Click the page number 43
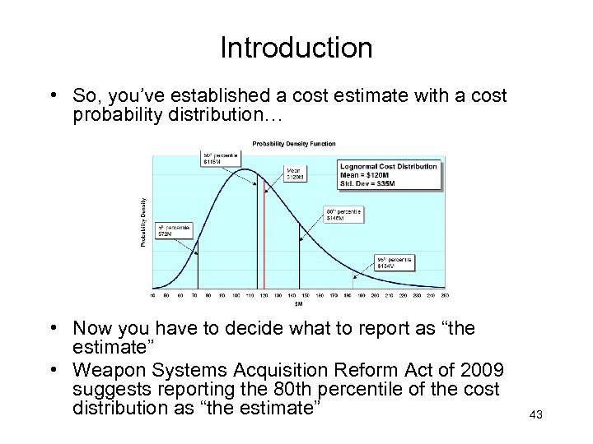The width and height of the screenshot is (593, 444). click(536, 414)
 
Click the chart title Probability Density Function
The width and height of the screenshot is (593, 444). click(294, 144)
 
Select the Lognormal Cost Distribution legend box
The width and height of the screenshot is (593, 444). click(390, 174)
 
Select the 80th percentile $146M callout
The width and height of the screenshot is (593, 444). click(343, 215)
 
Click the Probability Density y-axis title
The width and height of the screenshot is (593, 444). click(145, 222)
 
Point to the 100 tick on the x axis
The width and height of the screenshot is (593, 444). click(236, 294)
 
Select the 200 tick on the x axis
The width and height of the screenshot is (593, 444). click(376, 294)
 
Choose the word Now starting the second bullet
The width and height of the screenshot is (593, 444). click(92, 329)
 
